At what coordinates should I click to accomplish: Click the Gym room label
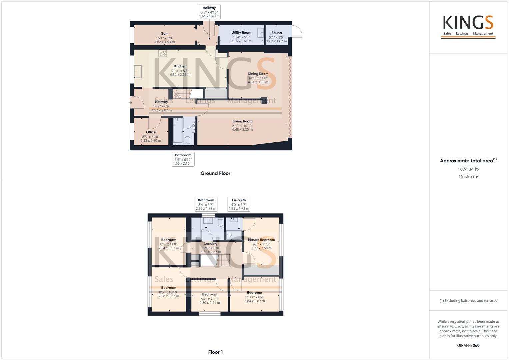pyautogui.click(x=164, y=34)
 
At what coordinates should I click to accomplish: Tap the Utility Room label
pyautogui.click(x=241, y=33)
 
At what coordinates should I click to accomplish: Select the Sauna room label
pyautogui.click(x=276, y=33)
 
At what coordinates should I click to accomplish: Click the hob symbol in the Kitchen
pyautogui.click(x=163, y=53)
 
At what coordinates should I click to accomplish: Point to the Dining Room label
pyautogui.click(x=258, y=74)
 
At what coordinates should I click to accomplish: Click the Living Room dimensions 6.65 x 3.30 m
pyautogui.click(x=242, y=130)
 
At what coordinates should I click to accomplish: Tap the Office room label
pyautogui.click(x=151, y=132)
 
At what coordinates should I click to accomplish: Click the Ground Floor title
pyautogui.click(x=215, y=173)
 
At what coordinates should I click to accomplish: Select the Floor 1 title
pyautogui.click(x=215, y=352)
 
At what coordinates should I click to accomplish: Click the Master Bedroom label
pyautogui.click(x=261, y=240)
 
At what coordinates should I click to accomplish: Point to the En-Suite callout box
pyautogui.click(x=239, y=204)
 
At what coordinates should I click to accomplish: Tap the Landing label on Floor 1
pyautogui.click(x=211, y=244)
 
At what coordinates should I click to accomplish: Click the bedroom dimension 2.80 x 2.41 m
pyautogui.click(x=210, y=303)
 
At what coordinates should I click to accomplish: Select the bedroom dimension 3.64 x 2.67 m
pyautogui.click(x=255, y=301)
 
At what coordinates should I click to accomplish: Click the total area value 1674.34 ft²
pyautogui.click(x=468, y=169)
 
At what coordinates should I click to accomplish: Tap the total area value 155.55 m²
pyautogui.click(x=468, y=177)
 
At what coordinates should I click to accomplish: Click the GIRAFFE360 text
pyautogui.click(x=468, y=345)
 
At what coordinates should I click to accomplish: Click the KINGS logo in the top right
pyautogui.click(x=468, y=27)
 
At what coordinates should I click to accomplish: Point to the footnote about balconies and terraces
pyautogui.click(x=468, y=301)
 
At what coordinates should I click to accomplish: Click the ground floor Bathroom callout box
pyautogui.click(x=183, y=159)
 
